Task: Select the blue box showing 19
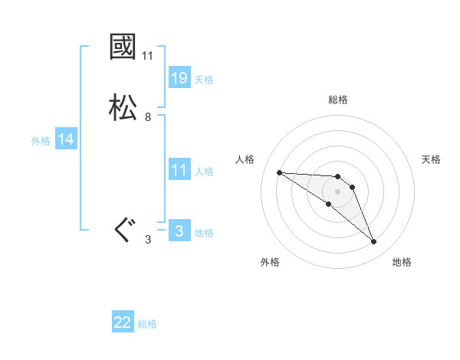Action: (x=179, y=78)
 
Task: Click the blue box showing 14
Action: (x=66, y=139)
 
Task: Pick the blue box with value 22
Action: (x=123, y=322)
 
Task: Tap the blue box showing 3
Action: (x=179, y=231)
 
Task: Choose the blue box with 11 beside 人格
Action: (x=179, y=170)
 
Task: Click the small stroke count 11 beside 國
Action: (x=148, y=56)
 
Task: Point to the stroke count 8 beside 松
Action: (x=148, y=116)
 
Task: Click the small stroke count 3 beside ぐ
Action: (x=148, y=240)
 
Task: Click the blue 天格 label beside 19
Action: (x=204, y=79)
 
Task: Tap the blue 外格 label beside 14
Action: (x=41, y=140)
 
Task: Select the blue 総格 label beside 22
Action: (x=147, y=324)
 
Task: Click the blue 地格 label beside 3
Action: (x=204, y=232)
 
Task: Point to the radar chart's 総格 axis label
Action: (x=338, y=100)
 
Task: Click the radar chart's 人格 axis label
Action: (x=245, y=159)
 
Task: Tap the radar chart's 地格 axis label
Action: (x=402, y=262)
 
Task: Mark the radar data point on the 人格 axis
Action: (x=279, y=172)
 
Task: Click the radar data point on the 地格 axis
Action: (x=373, y=241)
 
